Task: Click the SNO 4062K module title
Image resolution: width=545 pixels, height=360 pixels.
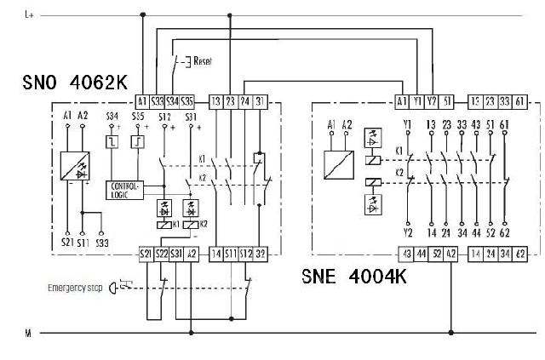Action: (76, 83)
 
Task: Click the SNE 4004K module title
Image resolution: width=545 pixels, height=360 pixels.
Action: (354, 277)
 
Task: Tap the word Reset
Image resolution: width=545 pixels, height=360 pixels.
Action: (203, 60)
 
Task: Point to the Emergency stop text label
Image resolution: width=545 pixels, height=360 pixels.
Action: (74, 289)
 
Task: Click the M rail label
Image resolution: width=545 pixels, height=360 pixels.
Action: (27, 334)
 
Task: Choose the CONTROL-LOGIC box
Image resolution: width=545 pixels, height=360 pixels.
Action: (123, 189)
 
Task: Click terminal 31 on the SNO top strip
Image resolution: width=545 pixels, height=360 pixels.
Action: (260, 100)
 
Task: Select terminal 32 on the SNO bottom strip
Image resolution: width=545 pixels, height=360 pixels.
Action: (261, 254)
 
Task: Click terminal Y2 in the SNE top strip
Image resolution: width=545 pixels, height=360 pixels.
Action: (432, 100)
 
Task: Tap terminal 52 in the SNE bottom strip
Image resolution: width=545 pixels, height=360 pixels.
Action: (436, 254)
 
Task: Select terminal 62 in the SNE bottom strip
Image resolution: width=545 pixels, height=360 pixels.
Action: (519, 254)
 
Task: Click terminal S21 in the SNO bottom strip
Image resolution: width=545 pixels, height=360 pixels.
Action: (144, 254)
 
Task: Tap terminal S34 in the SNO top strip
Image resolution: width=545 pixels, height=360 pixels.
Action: (172, 100)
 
